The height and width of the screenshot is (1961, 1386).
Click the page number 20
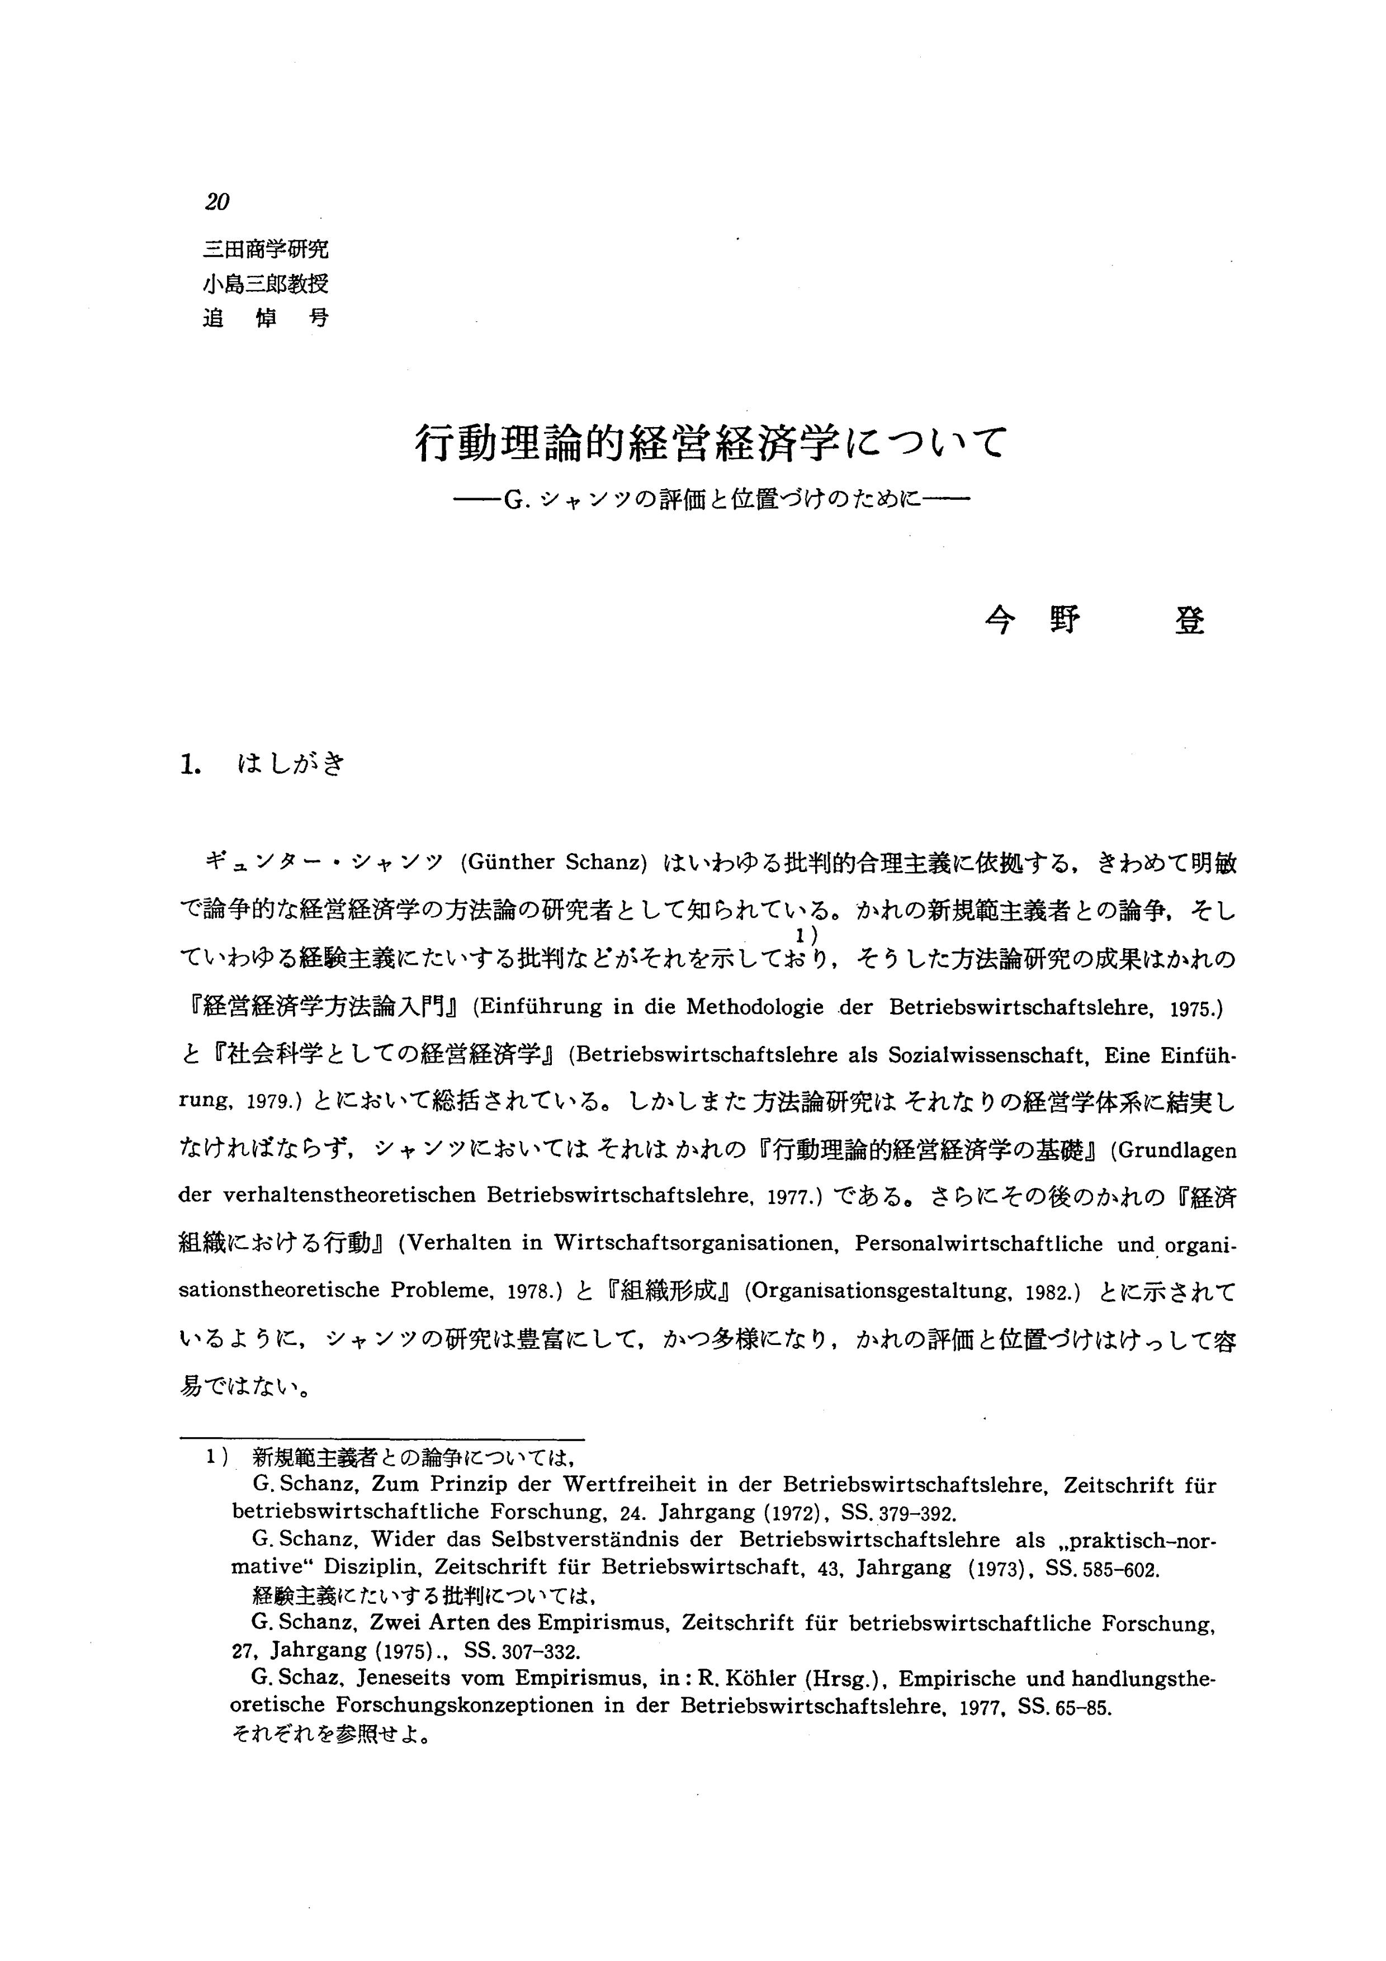(x=217, y=202)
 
